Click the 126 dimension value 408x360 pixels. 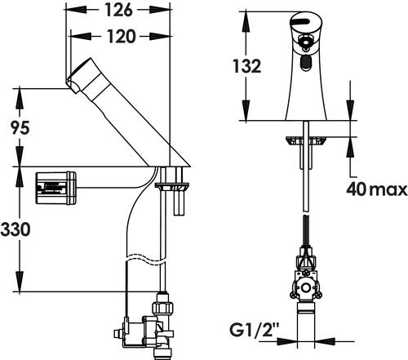pyautogui.click(x=119, y=10)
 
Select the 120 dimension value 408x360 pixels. pyautogui.click(x=121, y=36)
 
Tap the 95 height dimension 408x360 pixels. pyautogui.click(x=20, y=127)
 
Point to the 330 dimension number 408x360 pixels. pyautogui.click(x=16, y=229)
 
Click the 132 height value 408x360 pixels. pyautogui.click(x=246, y=66)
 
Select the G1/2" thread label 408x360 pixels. pyautogui.click(x=251, y=330)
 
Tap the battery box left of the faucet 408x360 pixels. pyautogui.click(x=55, y=188)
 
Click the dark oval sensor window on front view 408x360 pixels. pyautogui.click(x=305, y=64)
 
